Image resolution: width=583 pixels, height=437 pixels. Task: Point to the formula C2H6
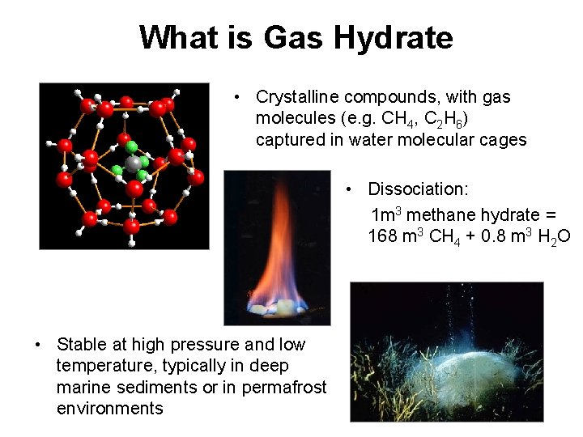[446, 119]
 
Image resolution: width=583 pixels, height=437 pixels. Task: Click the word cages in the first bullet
[504, 139]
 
